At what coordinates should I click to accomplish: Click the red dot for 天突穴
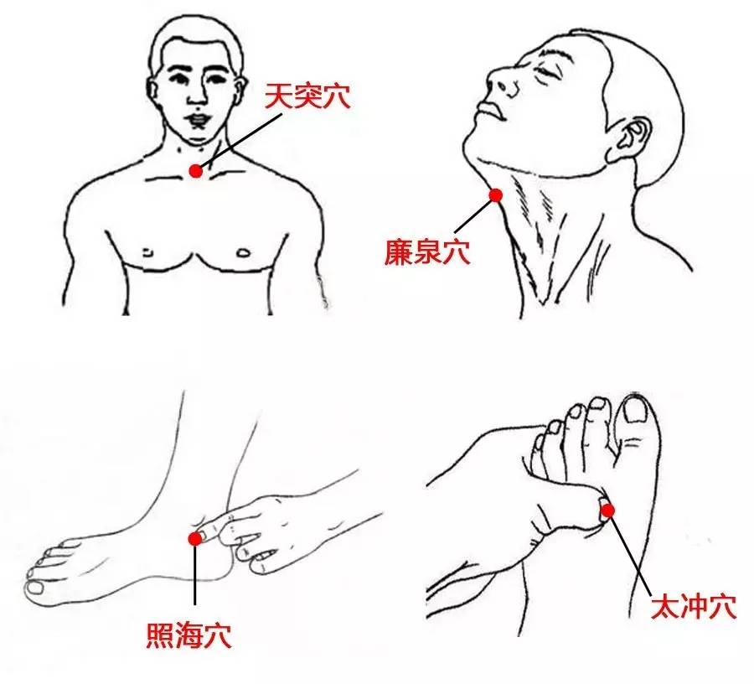click(195, 171)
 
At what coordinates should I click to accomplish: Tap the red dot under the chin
click(495, 195)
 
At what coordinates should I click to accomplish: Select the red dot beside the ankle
click(194, 539)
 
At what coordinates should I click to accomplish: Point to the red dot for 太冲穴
click(607, 509)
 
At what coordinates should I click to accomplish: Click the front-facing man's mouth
click(199, 118)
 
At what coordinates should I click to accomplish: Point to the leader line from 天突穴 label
click(243, 138)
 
